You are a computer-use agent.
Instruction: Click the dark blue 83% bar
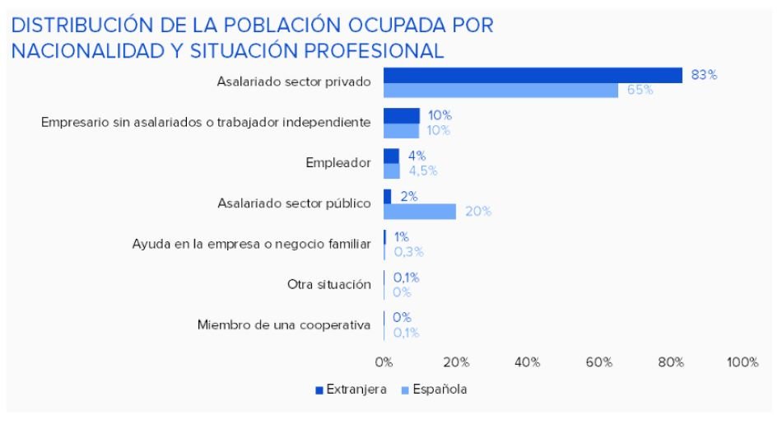533,75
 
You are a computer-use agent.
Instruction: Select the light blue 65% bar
500,91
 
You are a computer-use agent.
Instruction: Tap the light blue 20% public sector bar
420,212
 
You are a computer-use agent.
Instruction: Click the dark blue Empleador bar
391,156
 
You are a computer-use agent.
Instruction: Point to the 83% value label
704,75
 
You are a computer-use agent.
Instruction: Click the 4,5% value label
423,171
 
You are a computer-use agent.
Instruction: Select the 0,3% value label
408,252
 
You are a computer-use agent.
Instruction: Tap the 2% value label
409,196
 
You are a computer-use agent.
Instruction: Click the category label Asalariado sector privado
294,82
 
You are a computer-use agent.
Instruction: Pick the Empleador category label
338,162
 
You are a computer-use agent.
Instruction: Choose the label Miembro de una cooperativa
284,325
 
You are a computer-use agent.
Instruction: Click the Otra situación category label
329,284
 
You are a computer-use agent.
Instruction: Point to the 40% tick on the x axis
527,362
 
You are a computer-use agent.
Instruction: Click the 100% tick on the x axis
742,362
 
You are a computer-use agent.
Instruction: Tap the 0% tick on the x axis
384,362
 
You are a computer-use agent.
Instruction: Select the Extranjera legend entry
351,390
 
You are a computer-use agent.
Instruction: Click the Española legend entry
435,390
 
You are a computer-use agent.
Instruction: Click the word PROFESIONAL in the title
374,51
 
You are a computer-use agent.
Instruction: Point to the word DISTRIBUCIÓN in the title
81,25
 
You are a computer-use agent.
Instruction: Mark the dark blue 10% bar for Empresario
402,116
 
